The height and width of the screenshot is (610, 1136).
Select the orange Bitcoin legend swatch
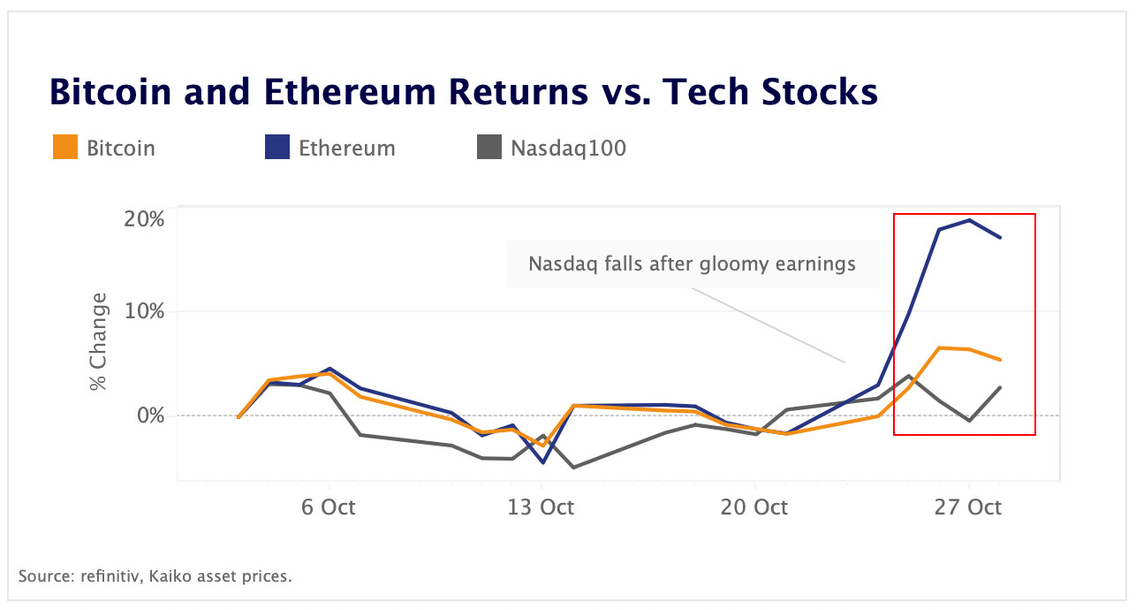coord(66,148)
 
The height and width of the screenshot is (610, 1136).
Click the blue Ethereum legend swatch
coord(277,148)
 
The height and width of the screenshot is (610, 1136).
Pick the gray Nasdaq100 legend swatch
coord(489,148)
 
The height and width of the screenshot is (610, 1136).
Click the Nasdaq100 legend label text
coord(568,148)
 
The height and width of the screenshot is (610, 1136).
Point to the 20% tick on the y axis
coord(143,218)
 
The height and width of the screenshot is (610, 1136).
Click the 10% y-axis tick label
coord(143,311)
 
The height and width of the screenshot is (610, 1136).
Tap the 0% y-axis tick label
coord(149,415)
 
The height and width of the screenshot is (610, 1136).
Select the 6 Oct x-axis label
coord(329,507)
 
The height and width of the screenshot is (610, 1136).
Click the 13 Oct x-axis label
coord(541,507)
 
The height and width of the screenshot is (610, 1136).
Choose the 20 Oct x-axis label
coord(755,507)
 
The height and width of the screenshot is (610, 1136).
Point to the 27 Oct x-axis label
coord(969,507)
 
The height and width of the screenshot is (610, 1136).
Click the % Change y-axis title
coord(98,342)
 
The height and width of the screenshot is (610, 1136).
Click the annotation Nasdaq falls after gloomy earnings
coord(692,263)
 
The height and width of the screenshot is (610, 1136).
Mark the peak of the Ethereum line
coord(969,220)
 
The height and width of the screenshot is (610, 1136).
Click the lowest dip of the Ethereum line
coord(542,462)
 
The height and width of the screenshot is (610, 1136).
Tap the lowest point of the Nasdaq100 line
coord(573,468)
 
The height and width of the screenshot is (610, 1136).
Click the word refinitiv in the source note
coord(105,576)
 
